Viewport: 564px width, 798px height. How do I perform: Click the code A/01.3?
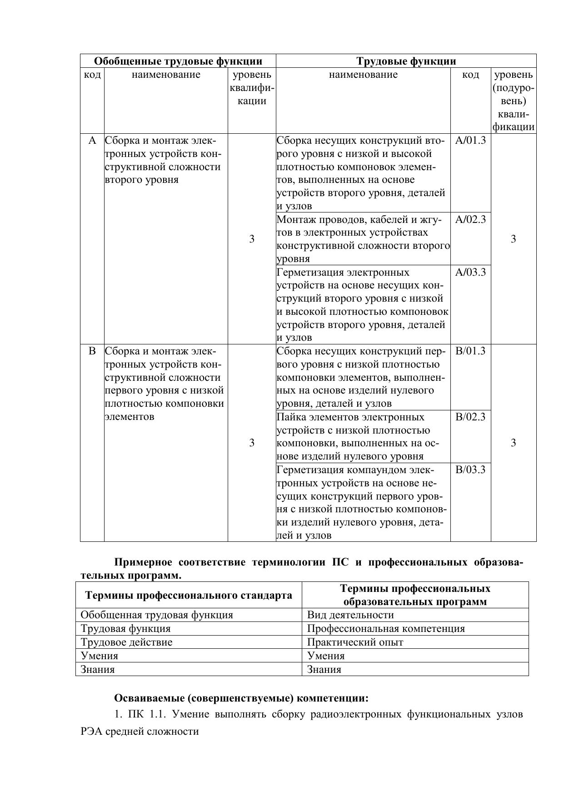click(x=470, y=140)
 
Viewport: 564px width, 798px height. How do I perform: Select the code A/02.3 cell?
click(x=470, y=220)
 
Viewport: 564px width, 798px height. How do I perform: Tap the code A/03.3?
click(x=470, y=273)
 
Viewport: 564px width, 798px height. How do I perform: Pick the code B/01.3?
click(x=470, y=351)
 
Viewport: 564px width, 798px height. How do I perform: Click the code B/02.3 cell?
click(x=470, y=417)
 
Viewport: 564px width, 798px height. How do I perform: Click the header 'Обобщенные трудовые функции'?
click(x=178, y=61)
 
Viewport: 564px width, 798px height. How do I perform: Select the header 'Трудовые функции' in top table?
click(x=406, y=61)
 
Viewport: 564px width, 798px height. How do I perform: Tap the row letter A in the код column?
click(x=92, y=141)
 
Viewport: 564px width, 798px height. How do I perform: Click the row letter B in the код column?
click(x=92, y=351)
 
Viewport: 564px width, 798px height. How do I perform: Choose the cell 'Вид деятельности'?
click(x=350, y=615)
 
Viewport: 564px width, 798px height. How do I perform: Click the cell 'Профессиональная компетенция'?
click(x=386, y=629)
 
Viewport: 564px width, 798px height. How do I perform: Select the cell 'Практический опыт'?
click(x=355, y=642)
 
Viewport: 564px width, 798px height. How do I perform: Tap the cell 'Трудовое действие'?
click(x=126, y=642)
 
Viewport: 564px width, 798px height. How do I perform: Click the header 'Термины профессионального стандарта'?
click(x=189, y=596)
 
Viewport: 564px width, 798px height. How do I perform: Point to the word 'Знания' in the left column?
click(x=98, y=670)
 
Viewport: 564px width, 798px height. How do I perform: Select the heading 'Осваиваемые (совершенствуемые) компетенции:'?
click(x=241, y=698)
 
